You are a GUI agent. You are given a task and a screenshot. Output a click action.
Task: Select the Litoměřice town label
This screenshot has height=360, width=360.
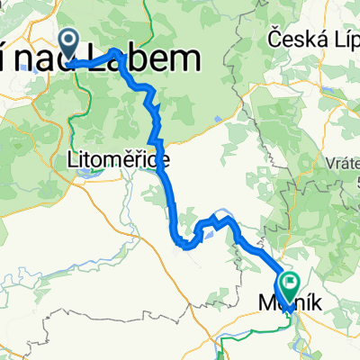click(x=108, y=159)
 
